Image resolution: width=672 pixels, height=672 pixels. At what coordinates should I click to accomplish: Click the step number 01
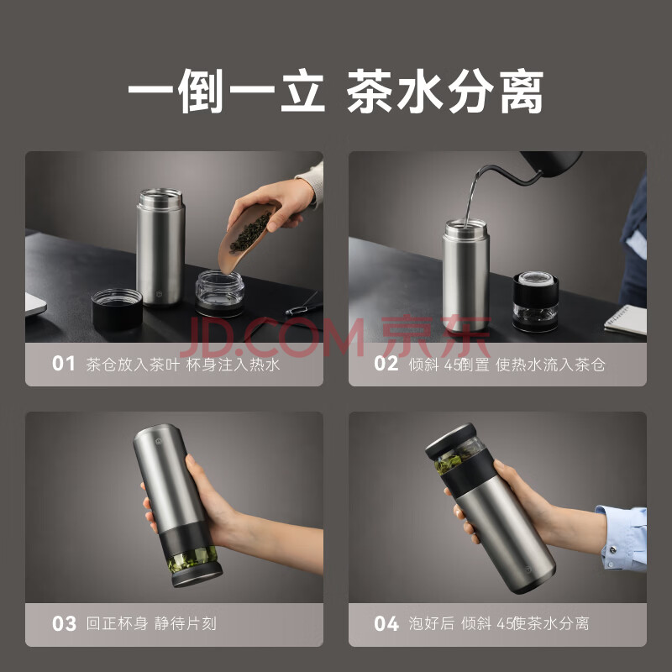point(64,364)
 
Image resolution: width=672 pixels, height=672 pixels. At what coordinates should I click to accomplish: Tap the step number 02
point(386,364)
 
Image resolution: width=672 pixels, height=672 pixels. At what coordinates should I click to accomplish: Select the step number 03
point(64,623)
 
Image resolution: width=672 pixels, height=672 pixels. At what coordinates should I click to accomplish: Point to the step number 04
point(386,623)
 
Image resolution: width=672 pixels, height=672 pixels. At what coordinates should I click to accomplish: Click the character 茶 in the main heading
point(370,91)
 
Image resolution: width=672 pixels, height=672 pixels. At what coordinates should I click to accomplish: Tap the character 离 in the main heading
point(522,92)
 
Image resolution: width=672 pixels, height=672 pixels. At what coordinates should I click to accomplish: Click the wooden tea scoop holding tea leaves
point(245,237)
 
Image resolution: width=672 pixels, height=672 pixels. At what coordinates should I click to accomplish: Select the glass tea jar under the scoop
point(219,292)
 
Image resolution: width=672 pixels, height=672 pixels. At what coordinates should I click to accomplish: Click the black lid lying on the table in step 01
point(117,308)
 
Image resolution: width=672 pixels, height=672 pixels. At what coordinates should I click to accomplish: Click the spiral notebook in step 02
point(626,320)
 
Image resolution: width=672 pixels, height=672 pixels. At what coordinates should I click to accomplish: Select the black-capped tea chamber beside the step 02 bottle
point(535,302)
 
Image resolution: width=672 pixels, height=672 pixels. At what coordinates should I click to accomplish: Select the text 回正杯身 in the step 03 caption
point(117,623)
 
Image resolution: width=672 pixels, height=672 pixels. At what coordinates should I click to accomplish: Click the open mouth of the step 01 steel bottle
point(160,195)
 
